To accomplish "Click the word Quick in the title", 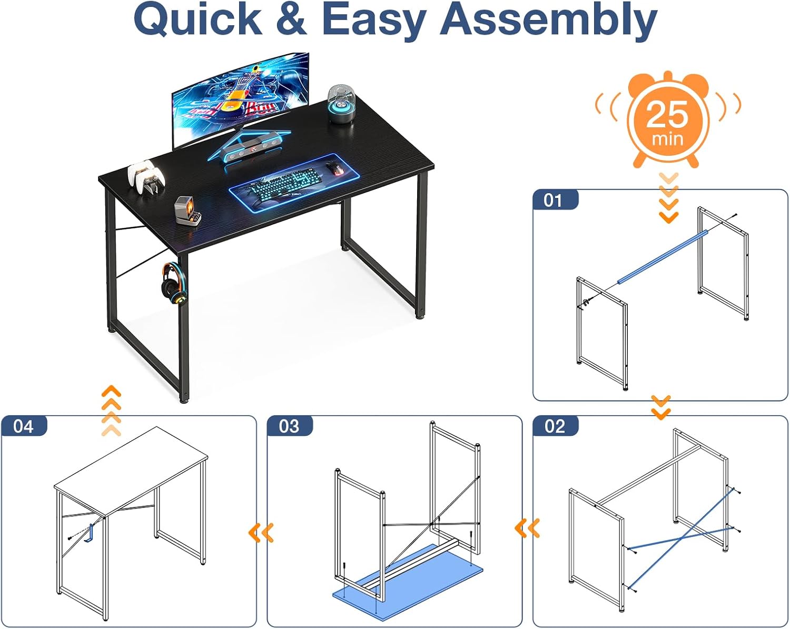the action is (x=198, y=19).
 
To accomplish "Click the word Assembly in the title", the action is (x=549, y=19).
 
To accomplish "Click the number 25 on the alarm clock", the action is (x=667, y=114).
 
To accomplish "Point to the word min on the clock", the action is (x=667, y=139).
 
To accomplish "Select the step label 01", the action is (x=552, y=201).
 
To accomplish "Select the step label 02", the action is (x=555, y=426).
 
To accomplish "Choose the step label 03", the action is (x=289, y=426).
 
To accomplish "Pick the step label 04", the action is (x=23, y=426).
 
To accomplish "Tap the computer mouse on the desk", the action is (x=334, y=168).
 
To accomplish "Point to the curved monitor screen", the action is (x=241, y=100).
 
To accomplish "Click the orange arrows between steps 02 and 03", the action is (x=527, y=528).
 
